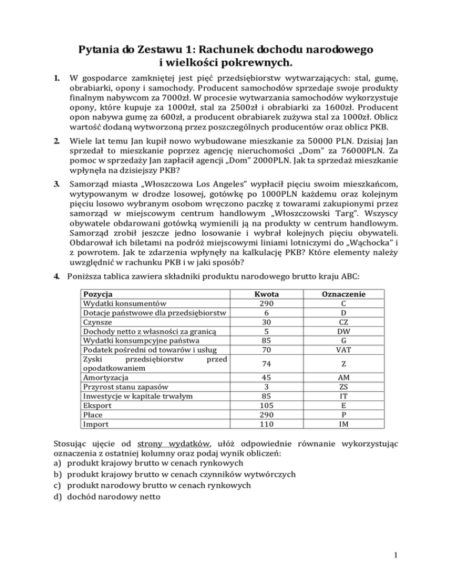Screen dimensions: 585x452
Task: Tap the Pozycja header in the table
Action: (98, 294)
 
